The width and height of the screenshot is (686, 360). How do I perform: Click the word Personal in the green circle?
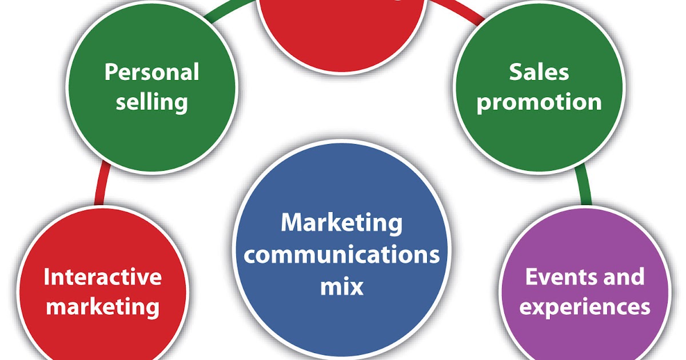pos(151,73)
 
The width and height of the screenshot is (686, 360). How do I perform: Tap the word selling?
pos(151,102)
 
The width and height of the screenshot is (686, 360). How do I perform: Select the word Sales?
pos(539,73)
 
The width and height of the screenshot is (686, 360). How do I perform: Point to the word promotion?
pos(539,103)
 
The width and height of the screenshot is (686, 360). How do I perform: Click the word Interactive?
pos(103,277)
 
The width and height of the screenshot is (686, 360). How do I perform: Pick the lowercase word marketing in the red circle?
pos(103,307)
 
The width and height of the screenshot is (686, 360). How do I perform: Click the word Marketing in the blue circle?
pos(341,223)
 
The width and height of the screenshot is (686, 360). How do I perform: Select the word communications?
pos(341,254)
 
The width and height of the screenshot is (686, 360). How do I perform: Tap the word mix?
pos(341,286)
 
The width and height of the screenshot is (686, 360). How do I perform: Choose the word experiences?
pos(584,307)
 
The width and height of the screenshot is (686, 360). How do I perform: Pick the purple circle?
pos(584,337)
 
